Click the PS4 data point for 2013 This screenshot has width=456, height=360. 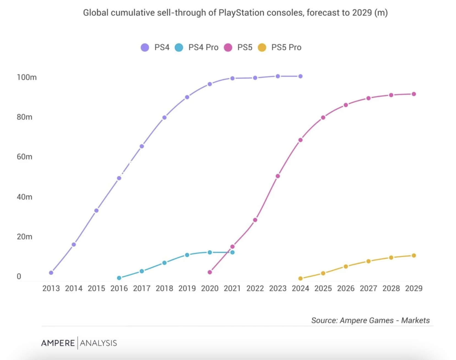tap(51, 273)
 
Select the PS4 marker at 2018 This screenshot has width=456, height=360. tap(164, 118)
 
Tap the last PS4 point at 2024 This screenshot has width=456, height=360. tap(300, 76)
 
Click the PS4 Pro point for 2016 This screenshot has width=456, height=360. tap(119, 278)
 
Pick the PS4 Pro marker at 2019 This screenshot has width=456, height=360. tap(187, 255)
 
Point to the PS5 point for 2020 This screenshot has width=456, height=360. tap(210, 272)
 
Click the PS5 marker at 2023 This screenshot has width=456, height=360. tap(278, 176)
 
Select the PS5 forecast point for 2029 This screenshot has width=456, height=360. tap(414, 94)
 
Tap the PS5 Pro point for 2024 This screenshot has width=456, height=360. tap(300, 279)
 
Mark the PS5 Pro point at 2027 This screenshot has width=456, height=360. tap(368, 261)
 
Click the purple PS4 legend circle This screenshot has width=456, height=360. tap(145, 47)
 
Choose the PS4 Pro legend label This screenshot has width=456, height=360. tap(203, 47)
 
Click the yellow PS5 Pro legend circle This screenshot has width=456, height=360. tap(262, 47)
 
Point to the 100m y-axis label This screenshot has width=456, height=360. tap(26, 77)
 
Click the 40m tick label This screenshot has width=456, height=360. tap(24, 197)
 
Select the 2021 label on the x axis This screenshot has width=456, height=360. tap(232, 288)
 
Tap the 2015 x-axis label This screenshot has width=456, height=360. tap(96, 288)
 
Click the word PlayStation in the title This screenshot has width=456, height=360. tap(241, 13)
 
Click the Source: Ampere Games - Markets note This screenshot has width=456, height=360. tap(370, 320)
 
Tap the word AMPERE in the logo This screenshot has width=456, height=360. tap(58, 343)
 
